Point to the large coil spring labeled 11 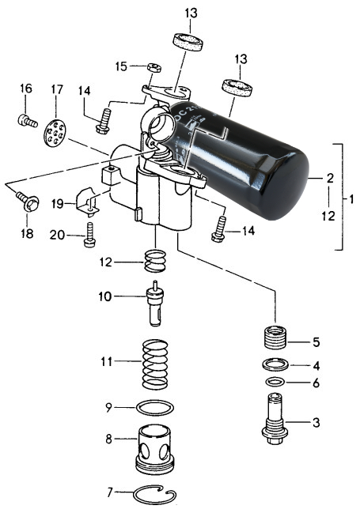coord(155,364)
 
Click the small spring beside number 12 coord(155,261)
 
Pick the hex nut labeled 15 coord(154,67)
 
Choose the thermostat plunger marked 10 coord(155,304)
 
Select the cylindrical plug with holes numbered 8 coord(155,449)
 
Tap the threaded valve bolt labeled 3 coord(275,419)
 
